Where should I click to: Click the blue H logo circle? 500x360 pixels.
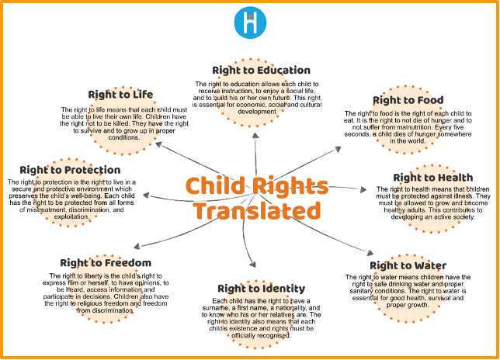tap(250, 22)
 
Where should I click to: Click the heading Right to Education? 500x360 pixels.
tap(261, 70)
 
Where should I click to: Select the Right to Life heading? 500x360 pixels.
tap(120, 95)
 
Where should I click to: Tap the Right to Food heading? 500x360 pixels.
tap(408, 100)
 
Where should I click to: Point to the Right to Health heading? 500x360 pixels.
tap(433, 178)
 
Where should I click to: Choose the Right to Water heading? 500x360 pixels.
tap(408, 265)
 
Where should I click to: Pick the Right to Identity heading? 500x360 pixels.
tap(262, 289)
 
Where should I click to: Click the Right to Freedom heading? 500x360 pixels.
tap(106, 263)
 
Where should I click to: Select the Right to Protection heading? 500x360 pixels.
tap(70, 170)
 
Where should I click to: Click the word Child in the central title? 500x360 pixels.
tap(215, 185)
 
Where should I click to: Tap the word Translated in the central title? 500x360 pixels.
tap(257, 210)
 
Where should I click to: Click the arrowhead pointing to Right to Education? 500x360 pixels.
tap(255, 136)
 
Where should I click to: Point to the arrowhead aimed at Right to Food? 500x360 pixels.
tap(339, 149)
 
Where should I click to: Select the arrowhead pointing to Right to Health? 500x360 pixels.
tap(363, 189)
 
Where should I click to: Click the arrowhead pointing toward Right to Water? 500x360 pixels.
tap(370, 253)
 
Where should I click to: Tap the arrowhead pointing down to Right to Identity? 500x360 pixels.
tap(253, 264)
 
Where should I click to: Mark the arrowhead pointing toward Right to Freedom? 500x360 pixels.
tap(137, 246)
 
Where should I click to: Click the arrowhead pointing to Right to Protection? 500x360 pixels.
tap(146, 195)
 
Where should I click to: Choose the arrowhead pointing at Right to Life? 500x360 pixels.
tap(159, 144)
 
